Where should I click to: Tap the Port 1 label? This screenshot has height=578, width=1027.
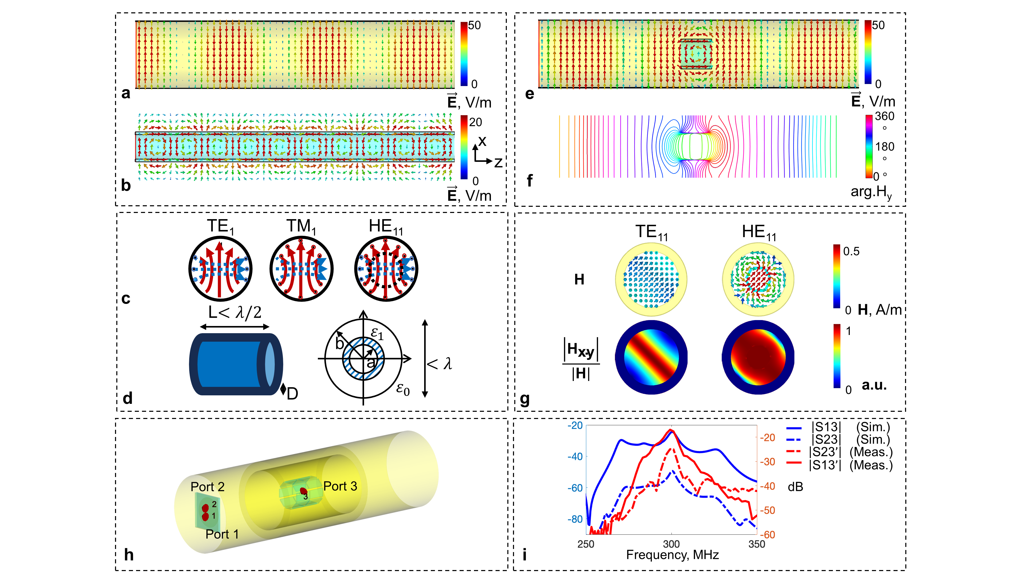tap(222, 534)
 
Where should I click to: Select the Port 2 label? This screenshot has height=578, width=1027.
tap(207, 487)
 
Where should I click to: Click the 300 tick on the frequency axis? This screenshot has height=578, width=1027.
tap(671, 544)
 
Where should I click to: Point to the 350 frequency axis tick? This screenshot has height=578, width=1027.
tap(757, 544)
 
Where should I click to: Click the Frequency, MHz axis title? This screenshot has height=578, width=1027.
tap(673, 555)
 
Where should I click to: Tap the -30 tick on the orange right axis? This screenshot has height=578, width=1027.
tap(767, 462)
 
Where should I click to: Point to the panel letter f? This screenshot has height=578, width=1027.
tap(529, 180)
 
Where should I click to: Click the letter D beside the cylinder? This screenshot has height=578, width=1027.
tap(292, 394)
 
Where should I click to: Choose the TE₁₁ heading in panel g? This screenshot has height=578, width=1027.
tap(651, 232)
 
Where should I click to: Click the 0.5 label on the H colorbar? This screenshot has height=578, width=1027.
tap(851, 251)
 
